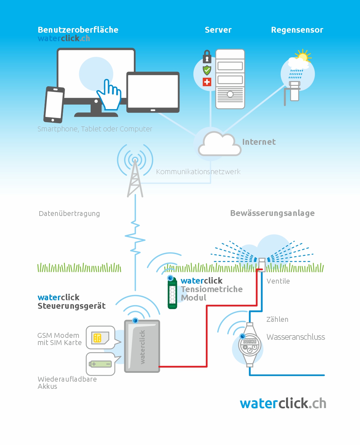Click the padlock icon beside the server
click(x=207, y=57)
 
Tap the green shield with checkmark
click(x=207, y=70)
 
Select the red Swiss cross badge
click(x=207, y=82)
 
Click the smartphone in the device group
click(x=54, y=105)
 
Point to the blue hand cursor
click(x=109, y=95)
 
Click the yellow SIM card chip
click(x=97, y=338)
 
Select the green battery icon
click(x=100, y=364)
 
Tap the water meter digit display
click(x=249, y=341)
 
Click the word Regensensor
click(x=297, y=30)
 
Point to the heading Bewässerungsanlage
click(x=272, y=213)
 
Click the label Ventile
click(x=278, y=281)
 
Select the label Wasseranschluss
click(x=296, y=337)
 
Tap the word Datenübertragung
click(x=69, y=214)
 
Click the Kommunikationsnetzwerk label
click(x=198, y=172)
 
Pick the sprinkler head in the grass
click(x=262, y=265)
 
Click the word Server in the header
click(x=218, y=30)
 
